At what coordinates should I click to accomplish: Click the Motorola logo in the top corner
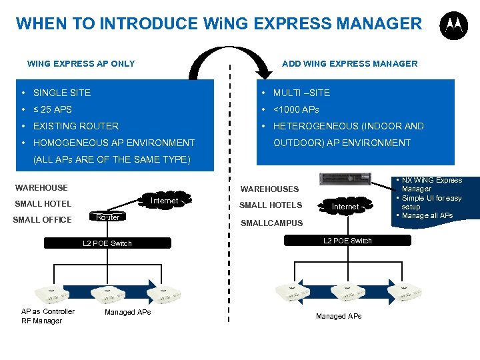tap(453, 25)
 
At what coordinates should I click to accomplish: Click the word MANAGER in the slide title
tap(379, 24)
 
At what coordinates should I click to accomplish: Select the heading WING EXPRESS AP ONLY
tap(81, 64)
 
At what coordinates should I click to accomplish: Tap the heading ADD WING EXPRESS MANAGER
tap(349, 64)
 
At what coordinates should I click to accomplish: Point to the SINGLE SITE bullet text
tap(61, 93)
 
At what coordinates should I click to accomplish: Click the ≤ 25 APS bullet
tap(52, 109)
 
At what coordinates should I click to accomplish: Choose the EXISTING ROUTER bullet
tap(75, 126)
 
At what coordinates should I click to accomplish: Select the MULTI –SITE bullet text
tap(301, 93)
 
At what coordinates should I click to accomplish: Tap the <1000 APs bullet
tap(296, 109)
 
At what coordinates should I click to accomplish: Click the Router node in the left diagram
tap(108, 217)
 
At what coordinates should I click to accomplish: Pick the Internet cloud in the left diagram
tap(164, 201)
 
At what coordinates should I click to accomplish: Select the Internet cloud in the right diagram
tap(345, 207)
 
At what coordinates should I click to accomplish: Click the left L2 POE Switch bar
tap(107, 243)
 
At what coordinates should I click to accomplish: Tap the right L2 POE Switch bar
tap(347, 241)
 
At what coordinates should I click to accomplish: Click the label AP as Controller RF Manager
tap(47, 316)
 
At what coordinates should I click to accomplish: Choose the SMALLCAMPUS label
tap(271, 223)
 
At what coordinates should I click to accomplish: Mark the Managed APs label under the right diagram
tap(339, 316)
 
